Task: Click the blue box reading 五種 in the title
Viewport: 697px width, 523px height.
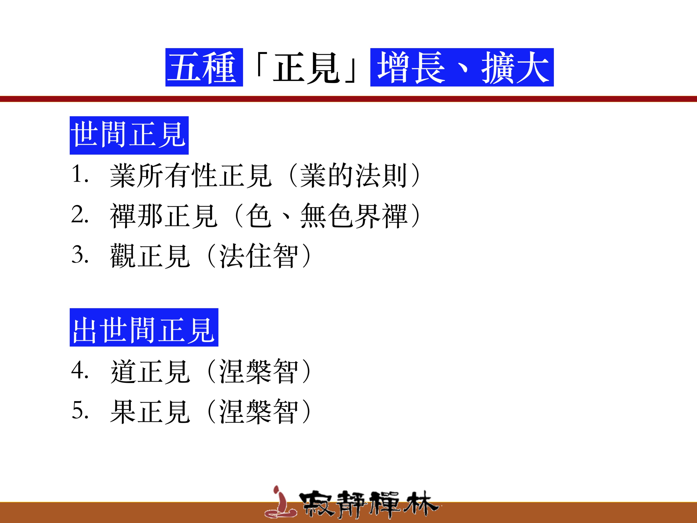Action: coord(204,67)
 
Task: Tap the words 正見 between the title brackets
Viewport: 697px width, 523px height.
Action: coord(306,68)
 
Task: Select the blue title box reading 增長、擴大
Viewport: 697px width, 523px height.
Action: coord(462,67)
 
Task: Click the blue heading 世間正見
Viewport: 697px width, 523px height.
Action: coord(129,135)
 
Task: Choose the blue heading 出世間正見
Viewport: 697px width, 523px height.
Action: coord(144,327)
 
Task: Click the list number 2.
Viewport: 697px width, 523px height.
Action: coord(80,214)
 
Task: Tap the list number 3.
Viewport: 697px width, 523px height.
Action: coord(80,254)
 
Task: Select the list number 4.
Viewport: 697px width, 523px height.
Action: coord(80,370)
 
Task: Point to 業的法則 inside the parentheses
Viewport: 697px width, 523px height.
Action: coord(353,176)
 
